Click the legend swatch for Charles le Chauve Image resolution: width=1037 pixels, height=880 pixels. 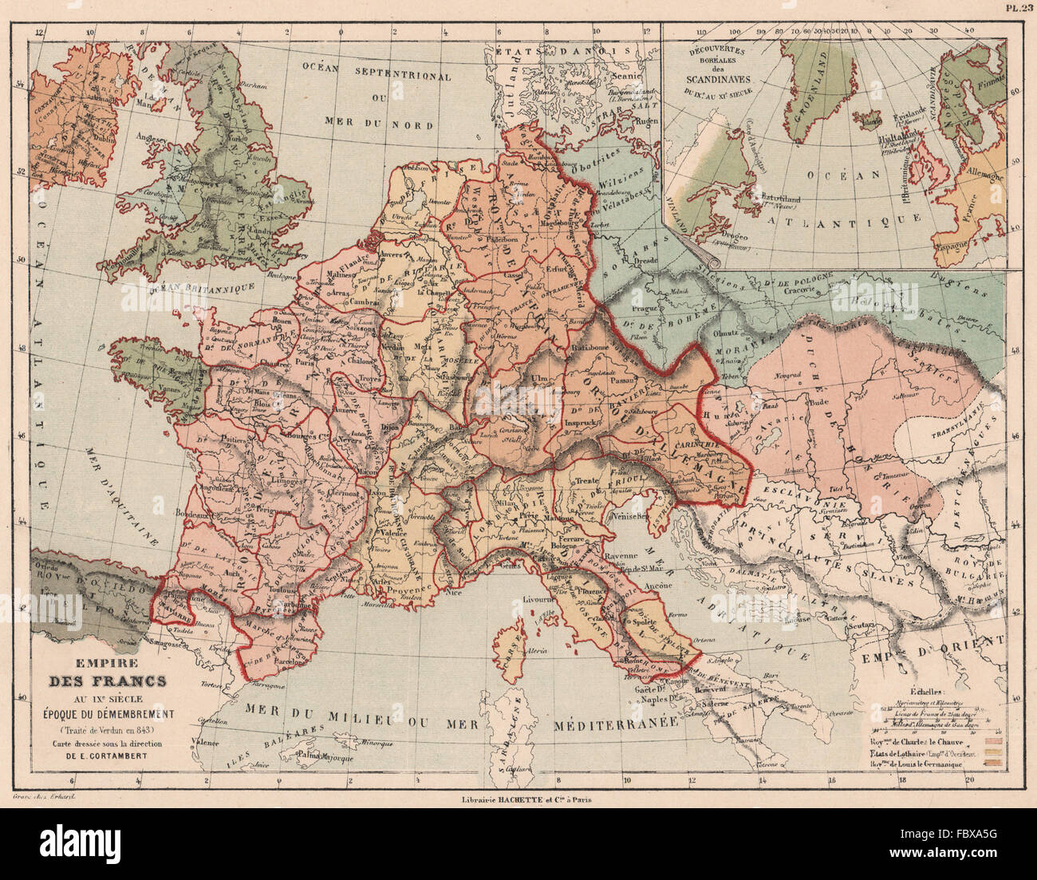tap(994, 742)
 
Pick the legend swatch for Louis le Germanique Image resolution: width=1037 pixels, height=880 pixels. tap(994, 764)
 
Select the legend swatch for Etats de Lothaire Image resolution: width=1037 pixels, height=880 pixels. tap(994, 753)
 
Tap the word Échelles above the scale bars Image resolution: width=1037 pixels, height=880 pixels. tap(925, 693)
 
